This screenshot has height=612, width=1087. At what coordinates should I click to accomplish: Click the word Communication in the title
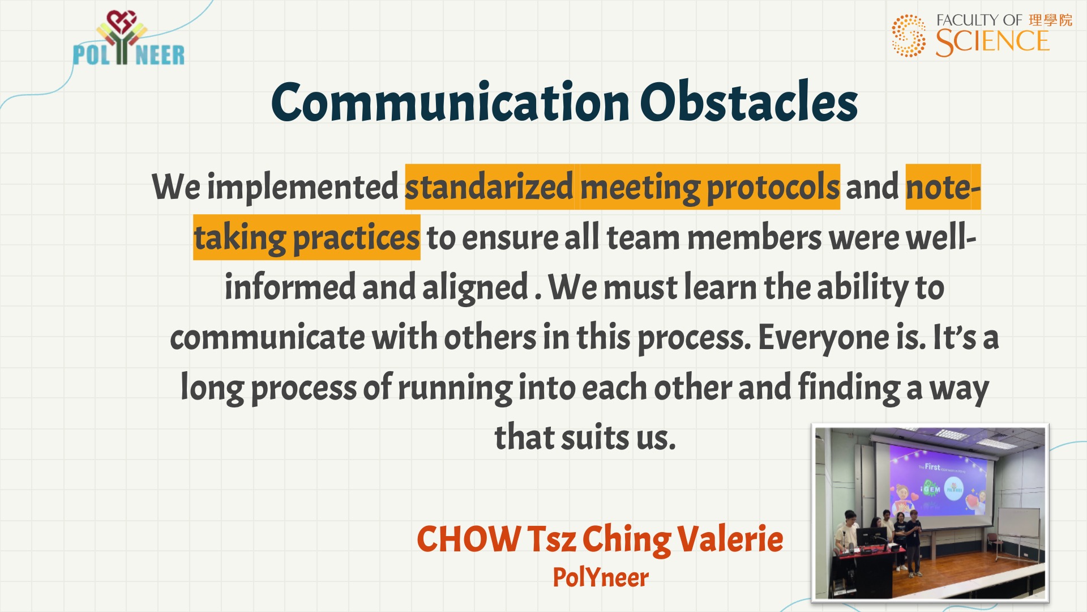[451, 103]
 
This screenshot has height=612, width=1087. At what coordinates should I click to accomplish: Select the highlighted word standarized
[490, 187]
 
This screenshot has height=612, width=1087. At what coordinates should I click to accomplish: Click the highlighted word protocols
[773, 188]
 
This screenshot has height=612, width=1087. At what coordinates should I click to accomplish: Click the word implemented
[303, 187]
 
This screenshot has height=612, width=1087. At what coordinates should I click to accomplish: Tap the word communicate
[268, 338]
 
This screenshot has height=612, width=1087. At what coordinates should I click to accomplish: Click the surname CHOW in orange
[469, 539]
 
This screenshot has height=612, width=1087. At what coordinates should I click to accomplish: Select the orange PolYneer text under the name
[601, 578]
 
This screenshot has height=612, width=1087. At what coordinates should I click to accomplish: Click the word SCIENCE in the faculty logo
[992, 42]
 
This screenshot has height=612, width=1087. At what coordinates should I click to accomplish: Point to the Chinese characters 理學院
[1050, 20]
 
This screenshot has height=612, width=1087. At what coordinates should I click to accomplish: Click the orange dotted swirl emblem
[909, 36]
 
